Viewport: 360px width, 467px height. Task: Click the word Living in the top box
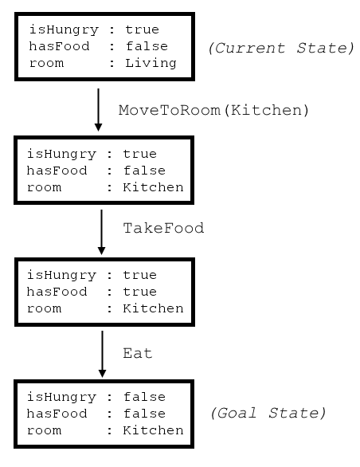[x=151, y=64]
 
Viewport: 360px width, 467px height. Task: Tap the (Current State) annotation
[x=281, y=48]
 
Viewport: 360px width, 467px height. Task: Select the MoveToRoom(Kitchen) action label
[x=213, y=110]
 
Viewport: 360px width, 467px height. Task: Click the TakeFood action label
[x=163, y=228]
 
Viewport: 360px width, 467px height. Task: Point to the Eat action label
[x=138, y=353]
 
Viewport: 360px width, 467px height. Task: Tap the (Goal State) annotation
[x=268, y=413]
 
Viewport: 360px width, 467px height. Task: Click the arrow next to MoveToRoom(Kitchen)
[x=98, y=110]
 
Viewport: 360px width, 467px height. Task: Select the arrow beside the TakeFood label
[x=101, y=232]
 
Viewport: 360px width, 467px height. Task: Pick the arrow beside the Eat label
[x=102, y=354]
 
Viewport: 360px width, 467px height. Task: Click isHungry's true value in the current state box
[x=142, y=29]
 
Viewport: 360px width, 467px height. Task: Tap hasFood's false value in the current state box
[x=147, y=46]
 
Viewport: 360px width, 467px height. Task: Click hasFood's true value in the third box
[x=139, y=292]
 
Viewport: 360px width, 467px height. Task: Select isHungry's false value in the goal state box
[x=144, y=397]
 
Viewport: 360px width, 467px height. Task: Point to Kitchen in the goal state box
[x=153, y=430]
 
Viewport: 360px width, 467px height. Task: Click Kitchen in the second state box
[x=153, y=187]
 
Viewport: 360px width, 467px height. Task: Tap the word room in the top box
[x=46, y=64]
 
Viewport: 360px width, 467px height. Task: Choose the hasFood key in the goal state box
[x=57, y=414]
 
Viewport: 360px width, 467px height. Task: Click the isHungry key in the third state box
[x=61, y=276]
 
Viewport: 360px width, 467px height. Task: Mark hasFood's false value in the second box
[x=144, y=171]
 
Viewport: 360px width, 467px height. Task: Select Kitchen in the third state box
[x=153, y=308]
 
